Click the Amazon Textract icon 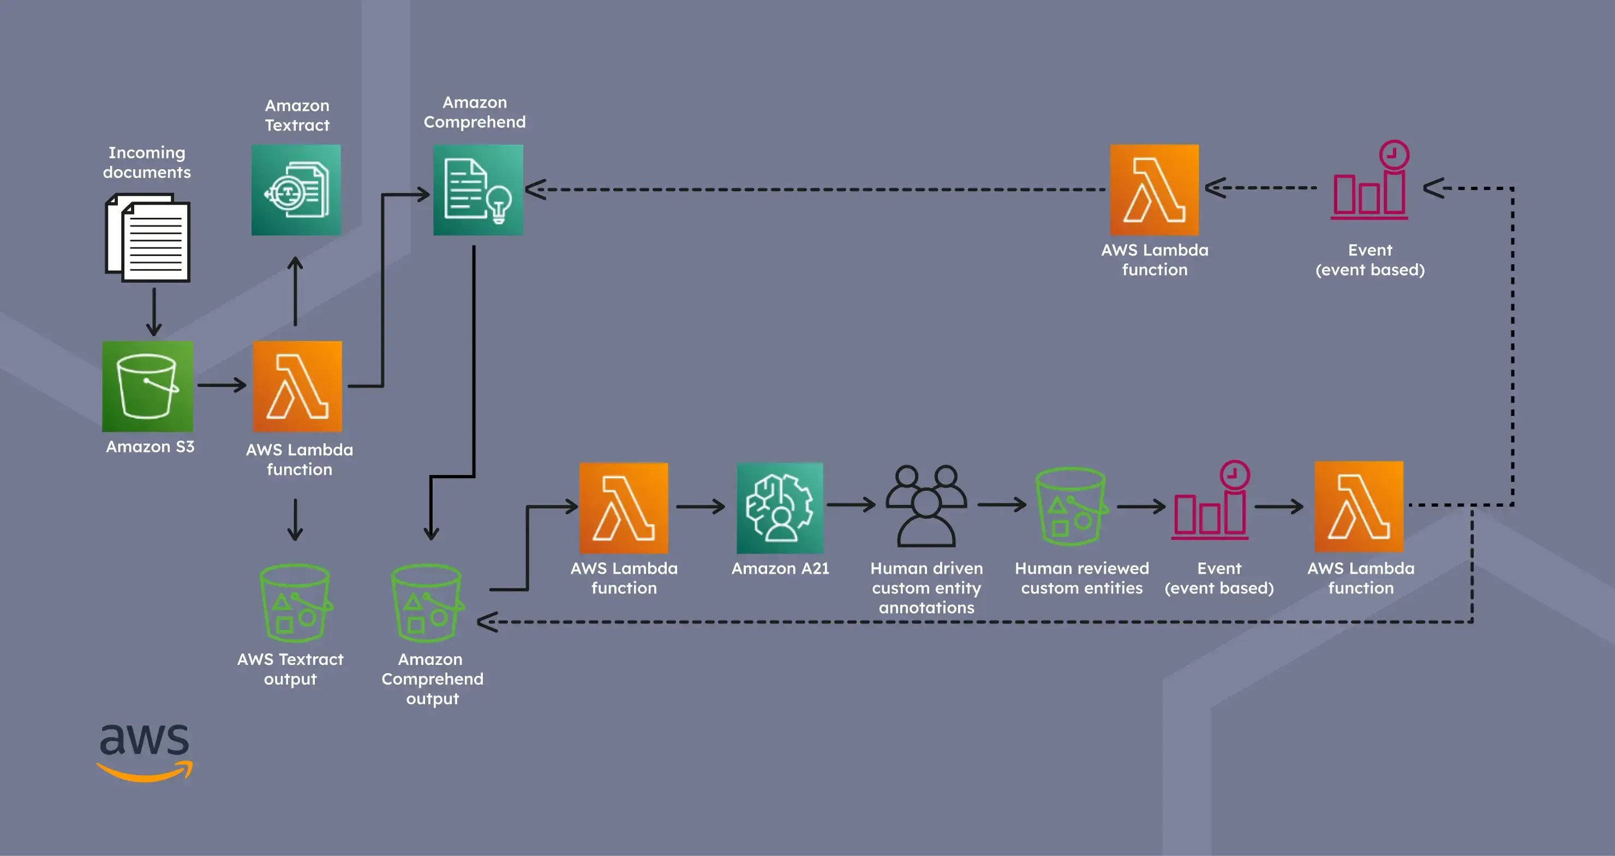coord(296,190)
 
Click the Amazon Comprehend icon coord(478,190)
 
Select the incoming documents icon coord(148,239)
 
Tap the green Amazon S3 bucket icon coord(147,387)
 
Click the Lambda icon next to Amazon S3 coord(297,387)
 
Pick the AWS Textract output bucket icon coord(295,603)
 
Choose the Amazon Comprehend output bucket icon coord(427,603)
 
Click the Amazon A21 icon coord(779,508)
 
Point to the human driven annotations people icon coord(926,507)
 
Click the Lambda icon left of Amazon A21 coord(624,508)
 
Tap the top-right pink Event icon coord(1370,182)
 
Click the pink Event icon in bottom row coord(1211,502)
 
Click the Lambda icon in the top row coord(1154,190)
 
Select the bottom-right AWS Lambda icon coord(1359,507)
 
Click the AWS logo coord(145,752)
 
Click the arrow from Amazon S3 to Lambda coord(222,384)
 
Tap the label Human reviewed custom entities coord(1081,578)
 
